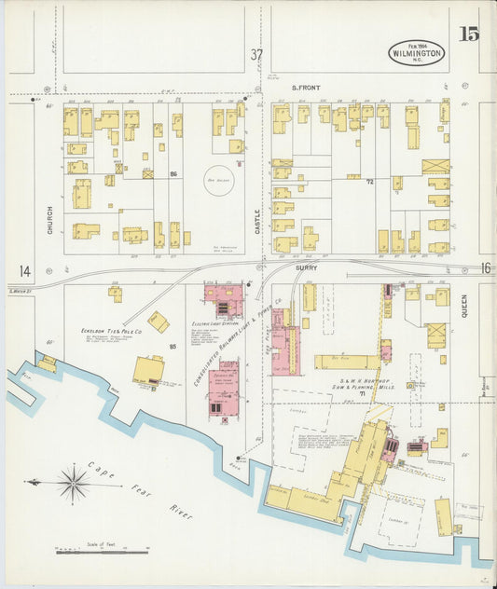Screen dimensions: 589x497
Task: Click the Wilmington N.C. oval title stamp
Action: point(417,52)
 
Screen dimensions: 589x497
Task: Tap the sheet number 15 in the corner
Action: point(469,35)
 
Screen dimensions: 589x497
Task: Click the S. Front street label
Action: point(306,88)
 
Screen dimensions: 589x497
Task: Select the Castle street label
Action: point(257,222)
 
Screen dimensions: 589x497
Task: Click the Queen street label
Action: point(463,307)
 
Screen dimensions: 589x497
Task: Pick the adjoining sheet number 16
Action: point(484,267)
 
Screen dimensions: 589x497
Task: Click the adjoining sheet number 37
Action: point(256,54)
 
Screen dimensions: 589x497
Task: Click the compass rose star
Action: point(72,483)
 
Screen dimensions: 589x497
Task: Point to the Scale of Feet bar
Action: point(102,552)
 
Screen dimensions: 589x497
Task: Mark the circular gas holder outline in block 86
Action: point(220,180)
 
